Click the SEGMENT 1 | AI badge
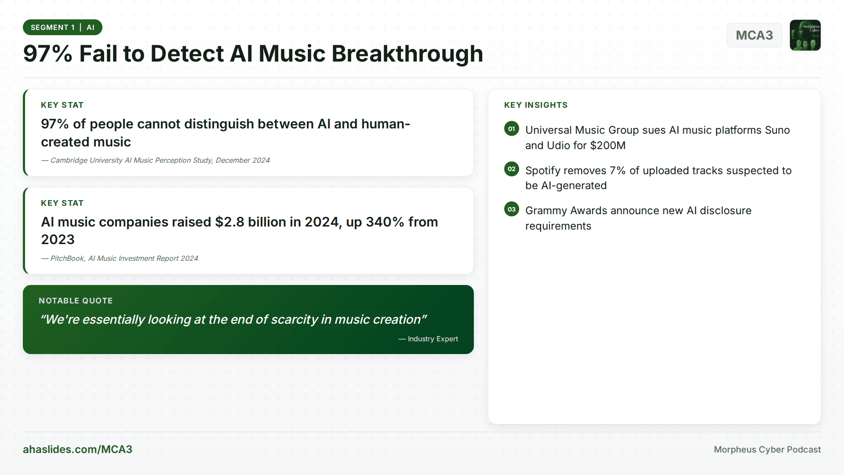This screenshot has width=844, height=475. pos(62,27)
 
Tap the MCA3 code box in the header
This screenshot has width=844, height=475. pos(754,35)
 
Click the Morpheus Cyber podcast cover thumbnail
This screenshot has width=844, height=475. pos(805,35)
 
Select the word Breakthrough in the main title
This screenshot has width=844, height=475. pos(407,54)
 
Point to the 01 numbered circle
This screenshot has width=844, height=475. pos(511,129)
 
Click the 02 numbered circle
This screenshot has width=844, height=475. pos(511,169)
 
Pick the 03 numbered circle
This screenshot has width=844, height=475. pos(511,209)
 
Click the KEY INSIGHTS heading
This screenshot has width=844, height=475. pos(535,105)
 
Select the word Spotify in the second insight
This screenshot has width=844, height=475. pos(544,171)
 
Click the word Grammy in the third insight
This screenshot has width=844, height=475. pos(546,211)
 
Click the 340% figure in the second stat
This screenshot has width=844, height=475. pos(385,222)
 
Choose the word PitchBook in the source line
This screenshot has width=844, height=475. pos(67,259)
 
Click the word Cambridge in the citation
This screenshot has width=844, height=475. pos(69,161)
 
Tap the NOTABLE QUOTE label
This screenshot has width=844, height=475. pos(76,301)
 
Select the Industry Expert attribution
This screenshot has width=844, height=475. pos(433,339)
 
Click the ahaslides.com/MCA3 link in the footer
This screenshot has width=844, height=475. pos(77,449)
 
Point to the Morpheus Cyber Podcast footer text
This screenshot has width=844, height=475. pos(767,449)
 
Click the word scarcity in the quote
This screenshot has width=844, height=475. pos(294,320)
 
